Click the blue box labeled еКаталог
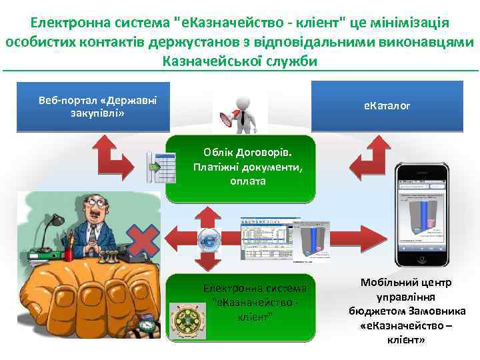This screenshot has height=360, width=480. (x=387, y=105)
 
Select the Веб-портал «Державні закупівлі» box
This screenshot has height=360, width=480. (x=93, y=106)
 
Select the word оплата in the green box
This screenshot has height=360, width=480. (x=247, y=181)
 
